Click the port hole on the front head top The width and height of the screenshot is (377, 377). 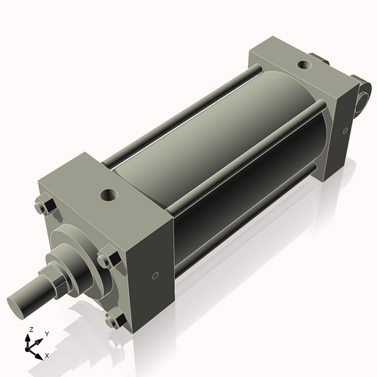point(110,195)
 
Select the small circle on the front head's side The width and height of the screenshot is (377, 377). point(155,276)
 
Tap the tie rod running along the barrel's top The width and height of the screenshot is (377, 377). point(188,113)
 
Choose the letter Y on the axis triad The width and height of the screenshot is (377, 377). point(47,333)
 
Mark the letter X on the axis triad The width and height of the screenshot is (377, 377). point(47,354)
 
